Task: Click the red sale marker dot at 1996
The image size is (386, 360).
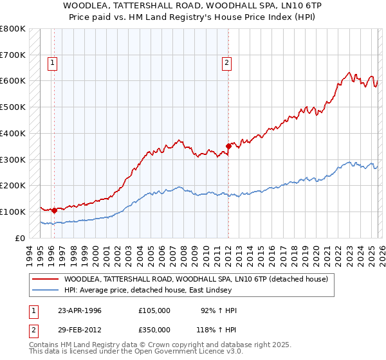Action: tap(54, 210)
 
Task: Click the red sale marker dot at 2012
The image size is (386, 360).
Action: tap(228, 146)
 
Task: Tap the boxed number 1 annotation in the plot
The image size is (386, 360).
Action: tap(52, 62)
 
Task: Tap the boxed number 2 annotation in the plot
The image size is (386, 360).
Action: tap(227, 62)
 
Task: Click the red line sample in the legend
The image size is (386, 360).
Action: tap(45, 279)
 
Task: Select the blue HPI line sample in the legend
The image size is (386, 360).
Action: tap(45, 290)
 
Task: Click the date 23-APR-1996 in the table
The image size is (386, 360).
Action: tap(80, 310)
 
